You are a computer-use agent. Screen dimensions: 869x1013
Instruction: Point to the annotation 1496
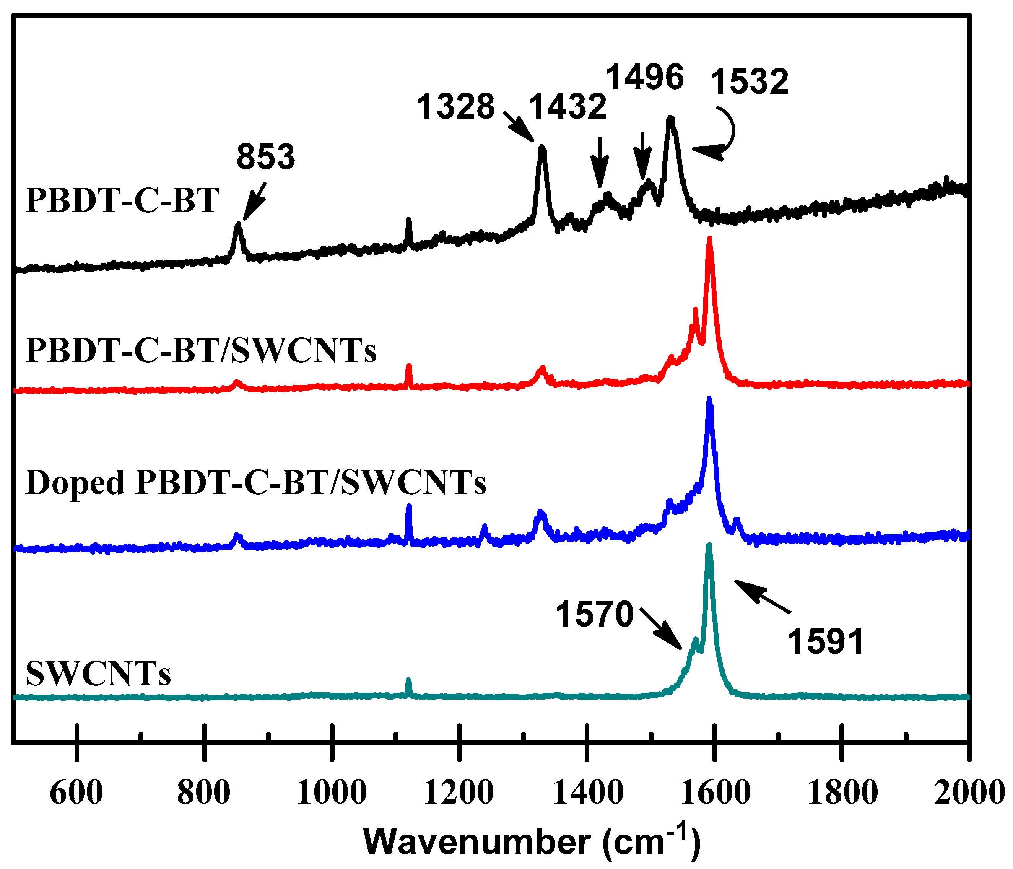[x=644, y=77]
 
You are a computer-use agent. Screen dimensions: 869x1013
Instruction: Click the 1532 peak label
[x=749, y=82]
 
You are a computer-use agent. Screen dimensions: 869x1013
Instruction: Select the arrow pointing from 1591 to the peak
[x=762, y=595]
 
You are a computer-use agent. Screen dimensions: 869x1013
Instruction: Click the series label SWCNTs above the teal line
[x=98, y=674]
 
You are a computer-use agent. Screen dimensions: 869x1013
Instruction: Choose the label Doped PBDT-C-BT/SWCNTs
[x=256, y=483]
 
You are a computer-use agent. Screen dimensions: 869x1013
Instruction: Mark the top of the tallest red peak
[x=709, y=239]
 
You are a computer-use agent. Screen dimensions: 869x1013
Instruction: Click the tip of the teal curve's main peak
[x=709, y=546]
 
